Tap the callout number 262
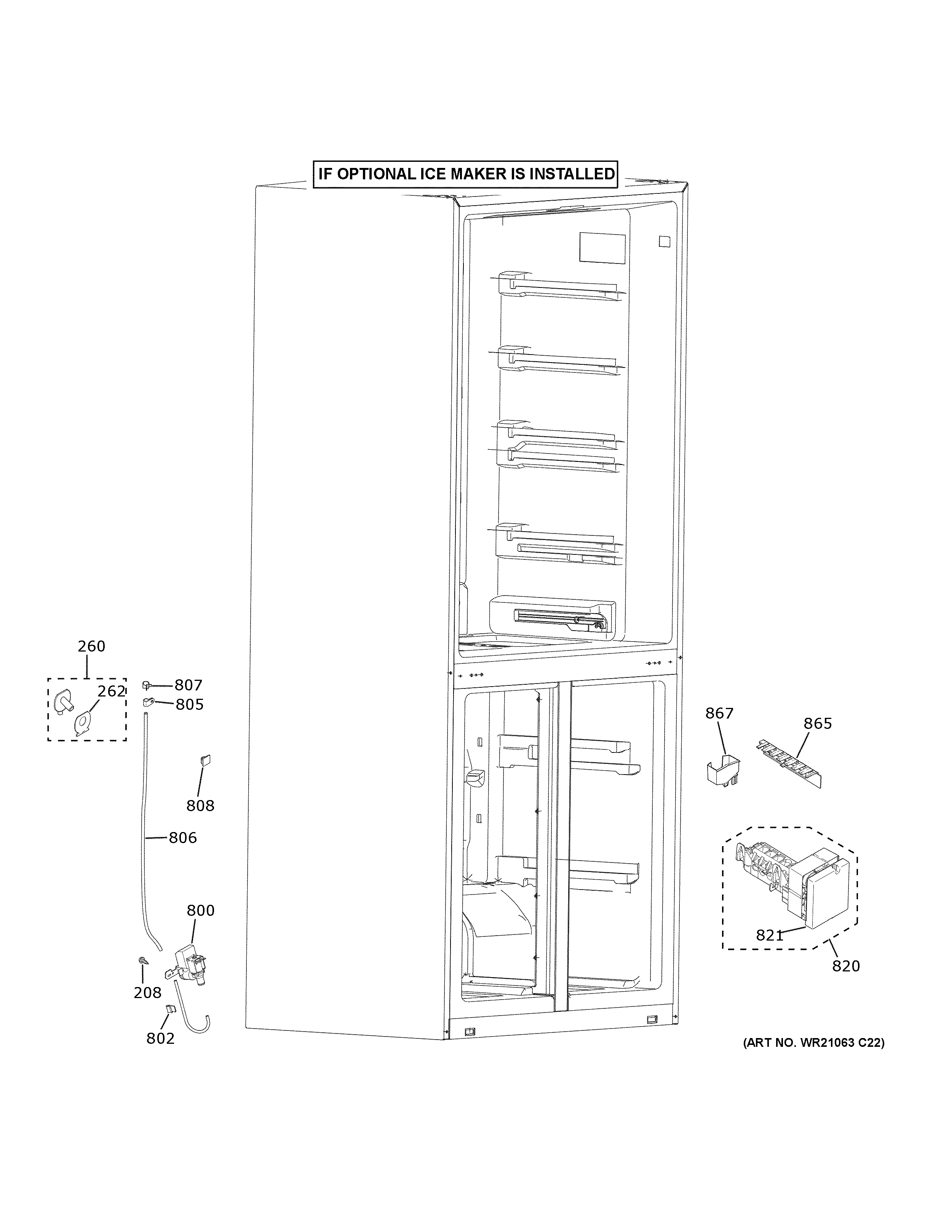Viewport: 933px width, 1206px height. pyautogui.click(x=112, y=692)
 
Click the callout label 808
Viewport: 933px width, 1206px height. pyautogui.click(x=200, y=806)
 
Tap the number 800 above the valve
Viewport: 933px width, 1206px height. pyautogui.click(x=200, y=910)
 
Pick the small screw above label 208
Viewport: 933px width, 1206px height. pyautogui.click(x=142, y=962)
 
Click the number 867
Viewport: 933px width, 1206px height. pyautogui.click(x=719, y=714)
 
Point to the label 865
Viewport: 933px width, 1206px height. pyautogui.click(x=817, y=724)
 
